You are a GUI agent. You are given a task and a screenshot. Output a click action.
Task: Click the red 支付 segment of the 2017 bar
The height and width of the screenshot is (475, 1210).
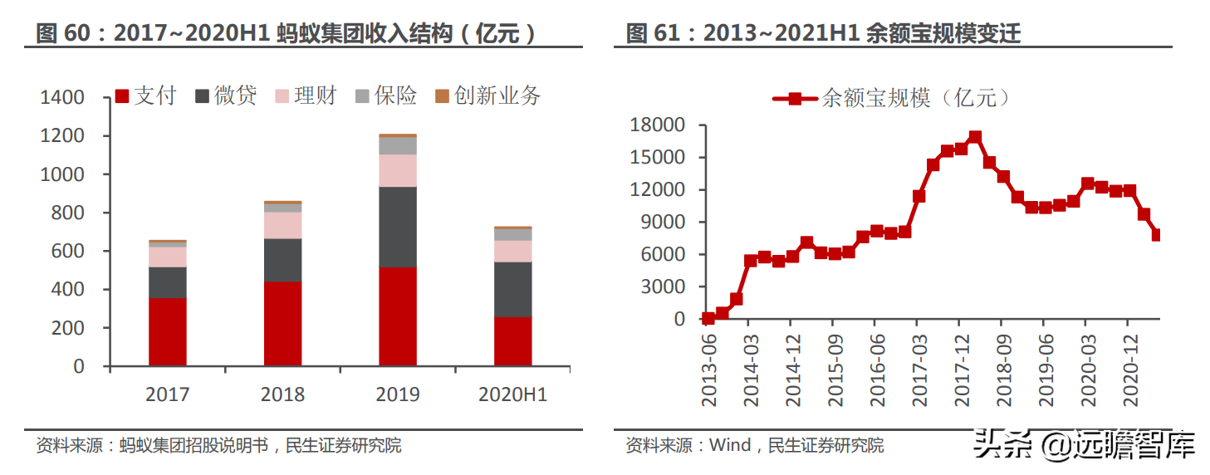(x=168, y=331)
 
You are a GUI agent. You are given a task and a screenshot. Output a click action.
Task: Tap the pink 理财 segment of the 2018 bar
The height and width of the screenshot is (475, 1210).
(x=282, y=225)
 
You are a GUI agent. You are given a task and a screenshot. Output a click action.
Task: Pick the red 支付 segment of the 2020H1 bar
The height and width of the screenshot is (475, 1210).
(x=512, y=340)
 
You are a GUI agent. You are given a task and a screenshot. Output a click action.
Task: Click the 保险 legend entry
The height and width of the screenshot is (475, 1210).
(x=386, y=96)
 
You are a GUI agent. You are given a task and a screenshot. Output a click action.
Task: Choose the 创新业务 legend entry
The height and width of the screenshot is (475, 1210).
(x=488, y=96)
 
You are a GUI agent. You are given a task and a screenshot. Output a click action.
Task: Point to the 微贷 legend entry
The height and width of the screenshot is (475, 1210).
(x=226, y=96)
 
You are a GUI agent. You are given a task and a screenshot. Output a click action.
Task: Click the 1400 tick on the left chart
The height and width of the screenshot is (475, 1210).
(x=62, y=98)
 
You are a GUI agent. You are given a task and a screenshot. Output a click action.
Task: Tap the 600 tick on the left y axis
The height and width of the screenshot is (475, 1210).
(x=68, y=252)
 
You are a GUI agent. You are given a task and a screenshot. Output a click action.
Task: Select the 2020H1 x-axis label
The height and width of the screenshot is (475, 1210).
(x=512, y=394)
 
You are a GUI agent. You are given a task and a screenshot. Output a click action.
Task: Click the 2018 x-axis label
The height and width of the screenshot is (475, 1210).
(x=282, y=394)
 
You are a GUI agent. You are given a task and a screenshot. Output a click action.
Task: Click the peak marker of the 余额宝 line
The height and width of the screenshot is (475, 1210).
(x=975, y=137)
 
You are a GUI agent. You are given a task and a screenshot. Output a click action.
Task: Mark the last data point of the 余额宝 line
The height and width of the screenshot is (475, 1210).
(x=1157, y=235)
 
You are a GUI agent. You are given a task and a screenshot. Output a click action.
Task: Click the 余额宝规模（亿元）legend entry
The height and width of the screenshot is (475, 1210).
(x=893, y=98)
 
